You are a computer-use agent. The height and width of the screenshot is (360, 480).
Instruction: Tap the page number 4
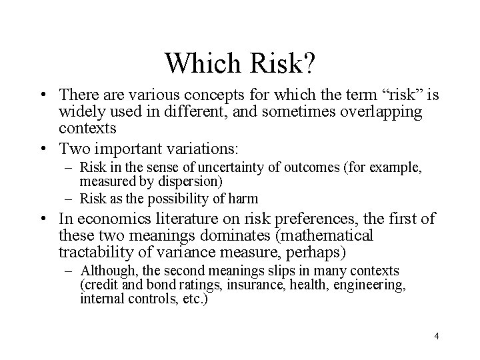coord(436,335)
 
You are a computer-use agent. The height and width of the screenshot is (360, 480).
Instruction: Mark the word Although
coord(104,271)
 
